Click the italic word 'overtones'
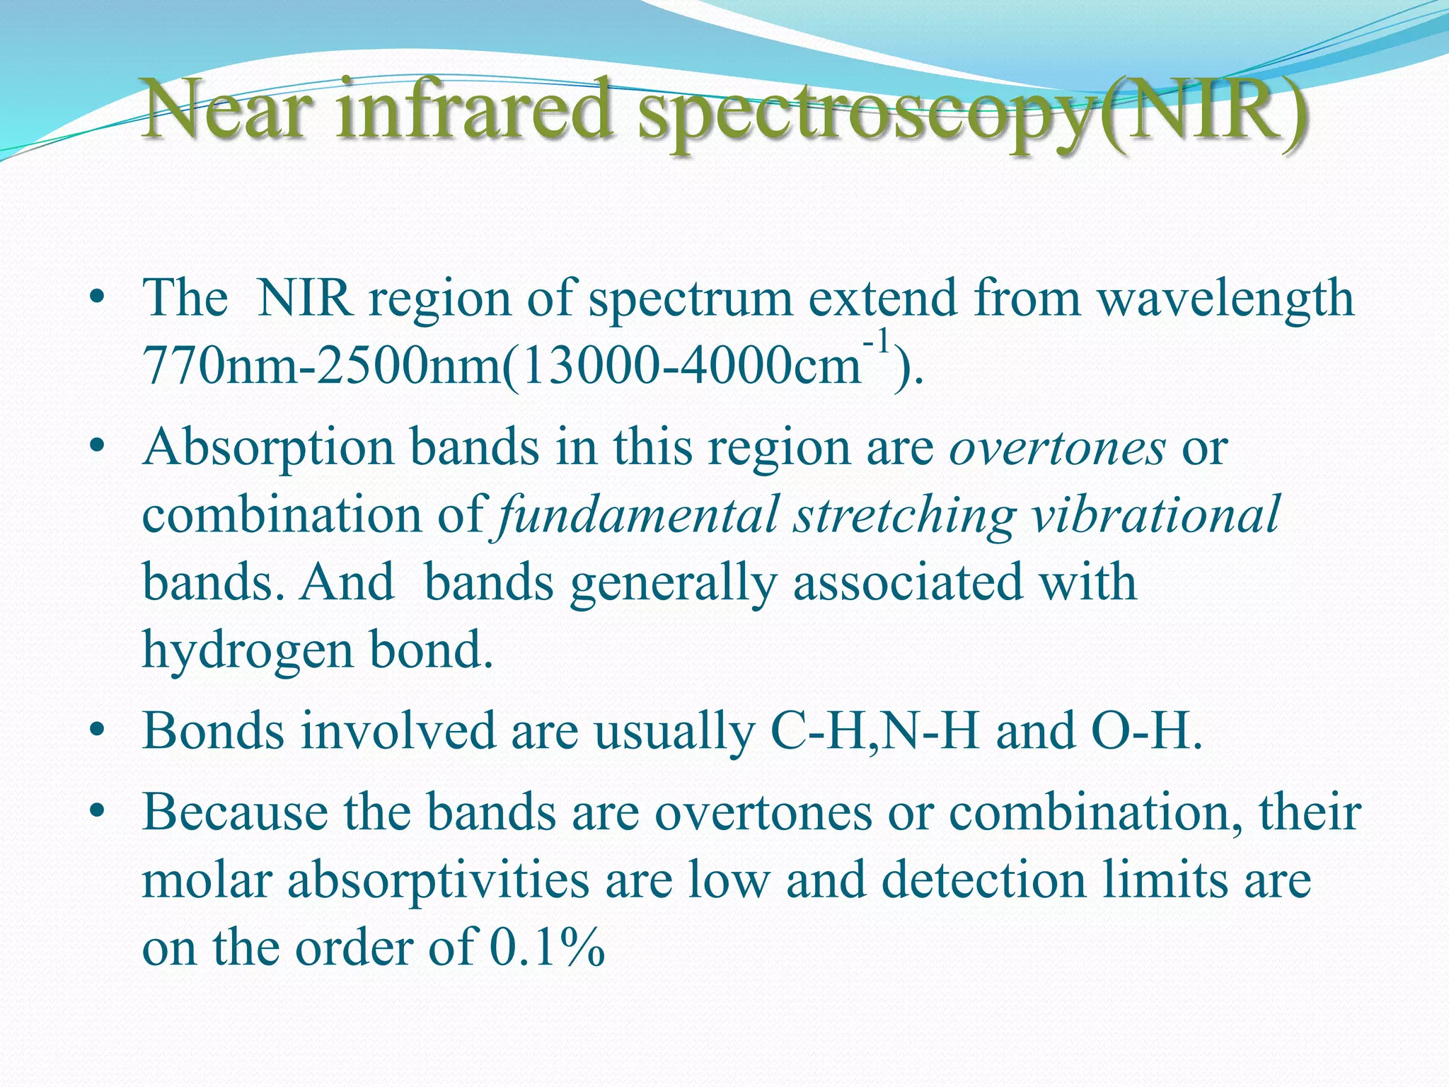click(x=1057, y=448)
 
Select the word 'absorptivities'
click(x=438, y=880)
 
